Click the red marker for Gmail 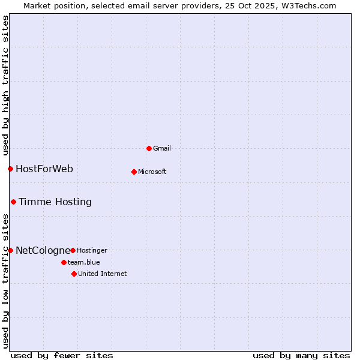click(x=149, y=148)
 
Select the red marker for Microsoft click(x=134, y=172)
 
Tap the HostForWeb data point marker click(x=10, y=169)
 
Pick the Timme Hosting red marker click(x=13, y=202)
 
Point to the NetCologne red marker click(x=10, y=250)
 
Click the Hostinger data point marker click(x=73, y=250)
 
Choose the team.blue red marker click(x=64, y=262)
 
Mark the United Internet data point click(x=74, y=274)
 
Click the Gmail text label click(x=162, y=148)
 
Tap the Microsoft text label click(x=152, y=172)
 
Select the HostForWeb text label click(x=44, y=169)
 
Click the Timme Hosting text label click(x=55, y=202)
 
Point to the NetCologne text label click(x=43, y=250)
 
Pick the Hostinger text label click(x=92, y=250)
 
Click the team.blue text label click(x=84, y=262)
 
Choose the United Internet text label click(x=103, y=274)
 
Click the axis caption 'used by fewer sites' click(x=62, y=355)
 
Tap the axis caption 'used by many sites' click(x=301, y=355)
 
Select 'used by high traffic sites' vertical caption click(x=5, y=83)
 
